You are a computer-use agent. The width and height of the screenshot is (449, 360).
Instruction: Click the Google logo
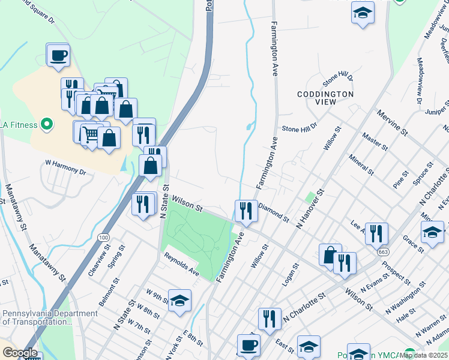click(x=20, y=353)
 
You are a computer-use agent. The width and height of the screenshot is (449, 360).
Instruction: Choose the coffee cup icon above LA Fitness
click(x=59, y=56)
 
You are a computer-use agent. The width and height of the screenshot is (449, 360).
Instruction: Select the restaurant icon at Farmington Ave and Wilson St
click(x=246, y=210)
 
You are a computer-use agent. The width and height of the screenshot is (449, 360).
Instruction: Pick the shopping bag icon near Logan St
click(x=330, y=254)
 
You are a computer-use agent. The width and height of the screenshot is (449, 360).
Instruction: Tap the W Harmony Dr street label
click(x=66, y=166)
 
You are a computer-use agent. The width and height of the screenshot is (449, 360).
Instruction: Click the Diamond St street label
click(x=274, y=212)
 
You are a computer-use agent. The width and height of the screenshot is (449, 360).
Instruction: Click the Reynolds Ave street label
click(x=182, y=264)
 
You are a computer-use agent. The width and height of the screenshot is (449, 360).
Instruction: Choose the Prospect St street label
click(x=396, y=273)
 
